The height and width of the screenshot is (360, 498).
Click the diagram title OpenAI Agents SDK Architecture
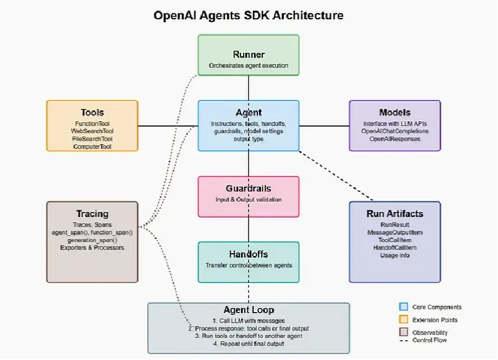(248, 15)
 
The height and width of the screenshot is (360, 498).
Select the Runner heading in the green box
(248, 55)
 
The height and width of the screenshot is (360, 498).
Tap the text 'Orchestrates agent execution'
(248, 65)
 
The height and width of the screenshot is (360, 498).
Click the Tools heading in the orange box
(92, 112)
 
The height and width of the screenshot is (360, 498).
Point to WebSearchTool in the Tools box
(92, 131)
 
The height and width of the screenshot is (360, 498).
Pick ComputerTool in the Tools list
(92, 146)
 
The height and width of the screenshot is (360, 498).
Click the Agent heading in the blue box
(248, 112)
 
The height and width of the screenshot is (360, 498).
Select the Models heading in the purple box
(395, 112)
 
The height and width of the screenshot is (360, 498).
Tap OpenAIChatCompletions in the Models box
(395, 131)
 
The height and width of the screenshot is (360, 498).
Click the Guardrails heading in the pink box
(248, 189)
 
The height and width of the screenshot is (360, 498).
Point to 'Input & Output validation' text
(248, 200)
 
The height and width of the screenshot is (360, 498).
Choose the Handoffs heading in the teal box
(248, 254)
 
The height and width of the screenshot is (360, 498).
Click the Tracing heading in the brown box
(92, 214)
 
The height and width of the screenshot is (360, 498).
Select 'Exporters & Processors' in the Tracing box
(92, 247)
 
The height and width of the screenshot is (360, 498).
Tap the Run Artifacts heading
(395, 214)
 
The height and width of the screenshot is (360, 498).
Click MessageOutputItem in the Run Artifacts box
(395, 232)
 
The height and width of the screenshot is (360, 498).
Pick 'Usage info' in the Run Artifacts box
(395, 256)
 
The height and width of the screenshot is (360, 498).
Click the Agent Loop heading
(248, 310)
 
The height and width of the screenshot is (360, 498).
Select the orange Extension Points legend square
(403, 320)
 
